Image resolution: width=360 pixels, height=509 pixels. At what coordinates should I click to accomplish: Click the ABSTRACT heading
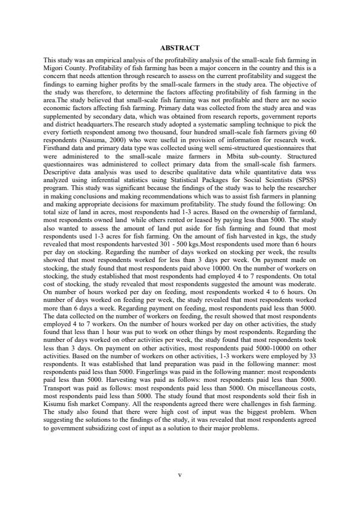(180, 47)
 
